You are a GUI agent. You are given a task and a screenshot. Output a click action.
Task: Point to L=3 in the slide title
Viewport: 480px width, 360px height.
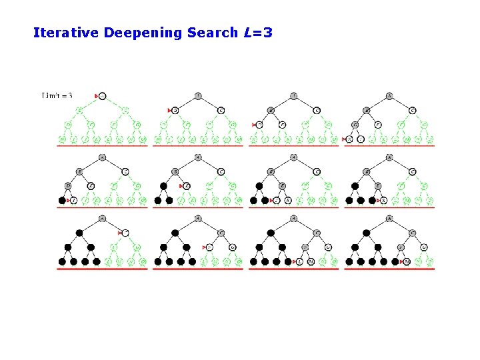(x=259, y=32)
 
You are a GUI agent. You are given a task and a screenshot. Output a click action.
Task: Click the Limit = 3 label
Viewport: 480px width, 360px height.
(x=57, y=96)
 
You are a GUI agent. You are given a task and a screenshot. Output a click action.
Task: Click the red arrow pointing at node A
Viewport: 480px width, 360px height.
(x=97, y=96)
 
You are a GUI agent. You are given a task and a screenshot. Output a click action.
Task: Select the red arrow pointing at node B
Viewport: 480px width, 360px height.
(x=169, y=110)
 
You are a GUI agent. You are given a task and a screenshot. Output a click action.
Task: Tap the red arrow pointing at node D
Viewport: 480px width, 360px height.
(x=255, y=125)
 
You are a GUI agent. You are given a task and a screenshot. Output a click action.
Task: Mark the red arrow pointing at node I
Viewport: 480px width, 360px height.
(x=67, y=200)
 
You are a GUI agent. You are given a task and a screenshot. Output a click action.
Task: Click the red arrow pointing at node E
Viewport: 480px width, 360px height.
(x=181, y=186)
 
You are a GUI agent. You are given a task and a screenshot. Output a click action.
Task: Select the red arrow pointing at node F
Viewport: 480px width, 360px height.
(x=203, y=247)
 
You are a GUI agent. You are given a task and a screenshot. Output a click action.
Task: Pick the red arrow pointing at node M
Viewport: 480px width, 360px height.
(x=401, y=262)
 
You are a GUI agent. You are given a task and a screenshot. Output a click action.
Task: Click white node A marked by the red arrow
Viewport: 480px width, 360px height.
(x=102, y=96)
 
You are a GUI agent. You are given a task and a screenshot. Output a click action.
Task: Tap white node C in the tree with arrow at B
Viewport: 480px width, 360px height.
(x=221, y=110)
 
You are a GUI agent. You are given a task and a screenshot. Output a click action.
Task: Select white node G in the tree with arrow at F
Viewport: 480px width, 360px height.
(x=233, y=247)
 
